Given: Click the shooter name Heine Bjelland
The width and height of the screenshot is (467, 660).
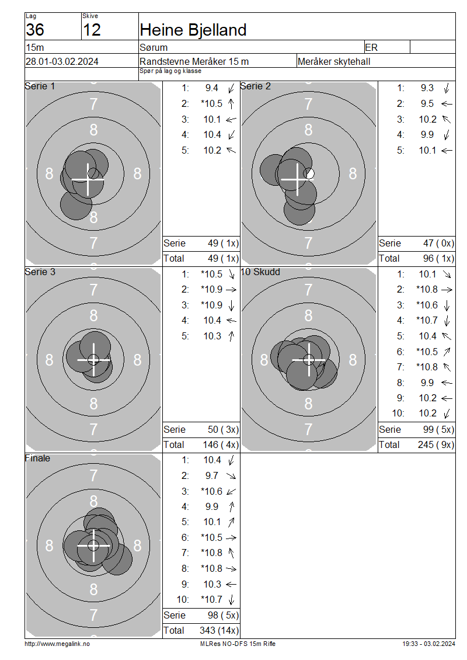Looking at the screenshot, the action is point(193,30).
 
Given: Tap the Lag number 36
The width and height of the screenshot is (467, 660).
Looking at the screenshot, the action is point(35,30).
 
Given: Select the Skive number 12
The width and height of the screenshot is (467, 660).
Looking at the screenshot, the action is point(92,30).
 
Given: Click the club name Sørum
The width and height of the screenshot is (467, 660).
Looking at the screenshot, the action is point(154,47).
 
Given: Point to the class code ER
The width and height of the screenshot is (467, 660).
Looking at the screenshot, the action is point(371,47).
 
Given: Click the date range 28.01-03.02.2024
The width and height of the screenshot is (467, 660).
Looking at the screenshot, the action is point(62,61).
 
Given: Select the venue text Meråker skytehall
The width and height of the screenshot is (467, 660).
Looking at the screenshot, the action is point(334,61).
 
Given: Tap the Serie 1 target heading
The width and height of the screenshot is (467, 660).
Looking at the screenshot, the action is point(40,86).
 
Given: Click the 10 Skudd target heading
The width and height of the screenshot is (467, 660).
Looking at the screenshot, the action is point(260,272).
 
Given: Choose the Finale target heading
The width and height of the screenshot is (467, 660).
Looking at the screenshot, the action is point(37,458).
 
